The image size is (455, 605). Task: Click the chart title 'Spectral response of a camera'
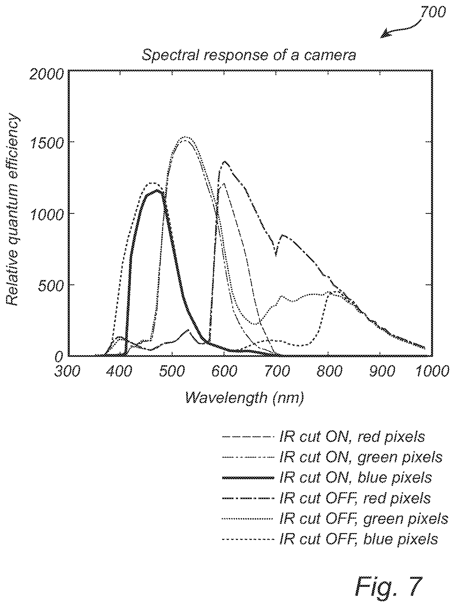pos(249,55)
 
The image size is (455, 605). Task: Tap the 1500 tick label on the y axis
pos(47,142)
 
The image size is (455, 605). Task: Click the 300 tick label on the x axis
pos(68,372)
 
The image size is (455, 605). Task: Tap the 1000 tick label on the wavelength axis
pos(432,372)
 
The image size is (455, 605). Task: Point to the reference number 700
pos(431,13)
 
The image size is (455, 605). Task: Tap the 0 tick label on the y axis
pos(58,356)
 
